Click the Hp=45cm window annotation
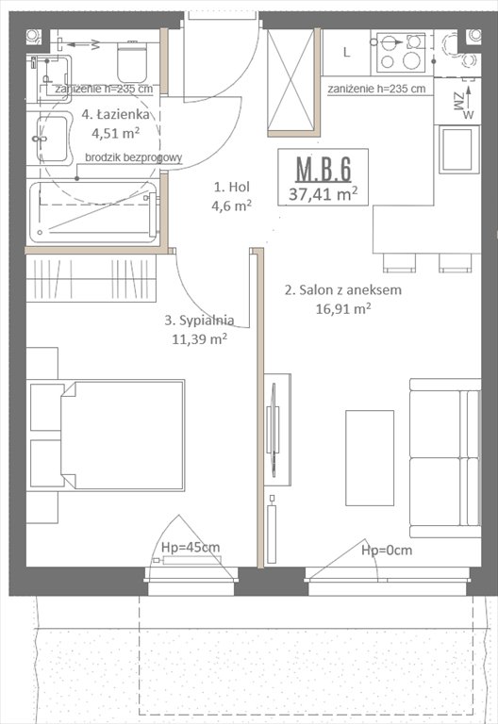click(x=190, y=547)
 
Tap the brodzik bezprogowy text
click(x=133, y=158)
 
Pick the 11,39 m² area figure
click(x=199, y=337)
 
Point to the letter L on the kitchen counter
click(x=346, y=52)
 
